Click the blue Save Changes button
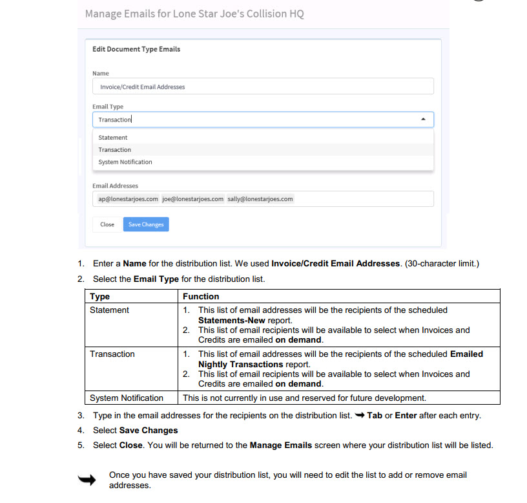click(146, 224)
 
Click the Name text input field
click(263, 87)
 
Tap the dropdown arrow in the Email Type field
click(423, 120)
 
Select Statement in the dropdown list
click(113, 138)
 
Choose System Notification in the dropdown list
click(125, 162)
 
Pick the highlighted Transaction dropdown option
click(115, 150)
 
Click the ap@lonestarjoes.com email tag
click(128, 199)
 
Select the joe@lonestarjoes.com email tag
click(192, 199)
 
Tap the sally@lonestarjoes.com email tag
click(260, 199)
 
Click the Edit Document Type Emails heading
click(136, 49)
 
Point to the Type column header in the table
click(100, 297)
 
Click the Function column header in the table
click(201, 297)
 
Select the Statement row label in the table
click(109, 310)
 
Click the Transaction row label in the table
click(112, 354)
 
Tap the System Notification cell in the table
click(127, 398)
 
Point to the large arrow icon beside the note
click(87, 480)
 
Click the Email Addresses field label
click(115, 186)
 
